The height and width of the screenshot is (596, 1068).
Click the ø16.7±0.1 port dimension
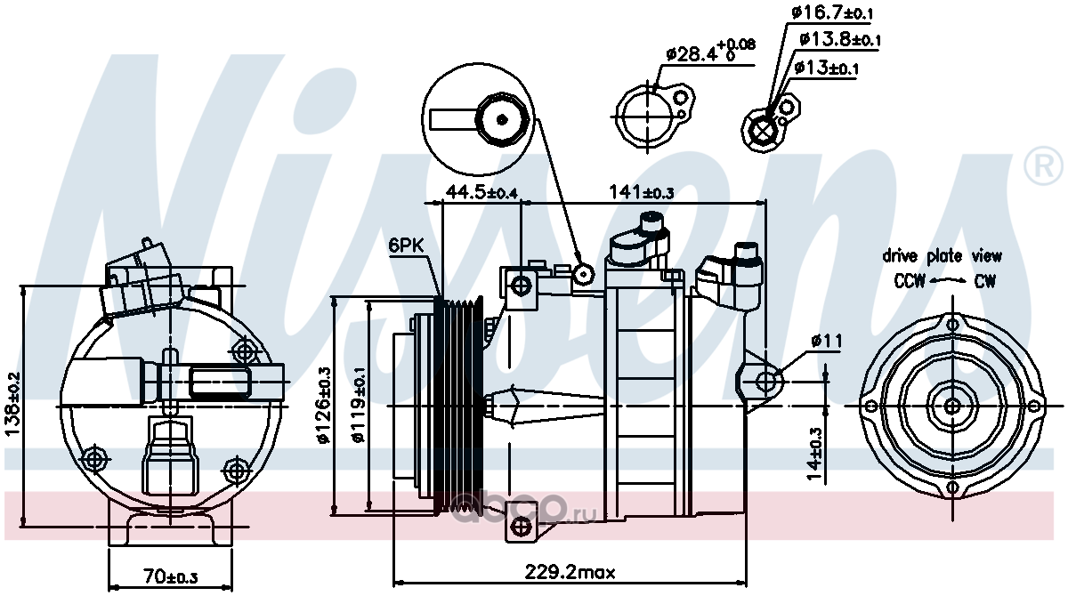point(833,12)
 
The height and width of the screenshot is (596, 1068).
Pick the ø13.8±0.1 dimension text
point(839,40)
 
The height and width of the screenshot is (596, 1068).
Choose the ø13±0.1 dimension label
point(825,68)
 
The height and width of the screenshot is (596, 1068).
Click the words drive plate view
point(942,256)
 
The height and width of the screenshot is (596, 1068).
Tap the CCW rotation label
point(910,281)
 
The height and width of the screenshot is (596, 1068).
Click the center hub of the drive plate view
point(952,407)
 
